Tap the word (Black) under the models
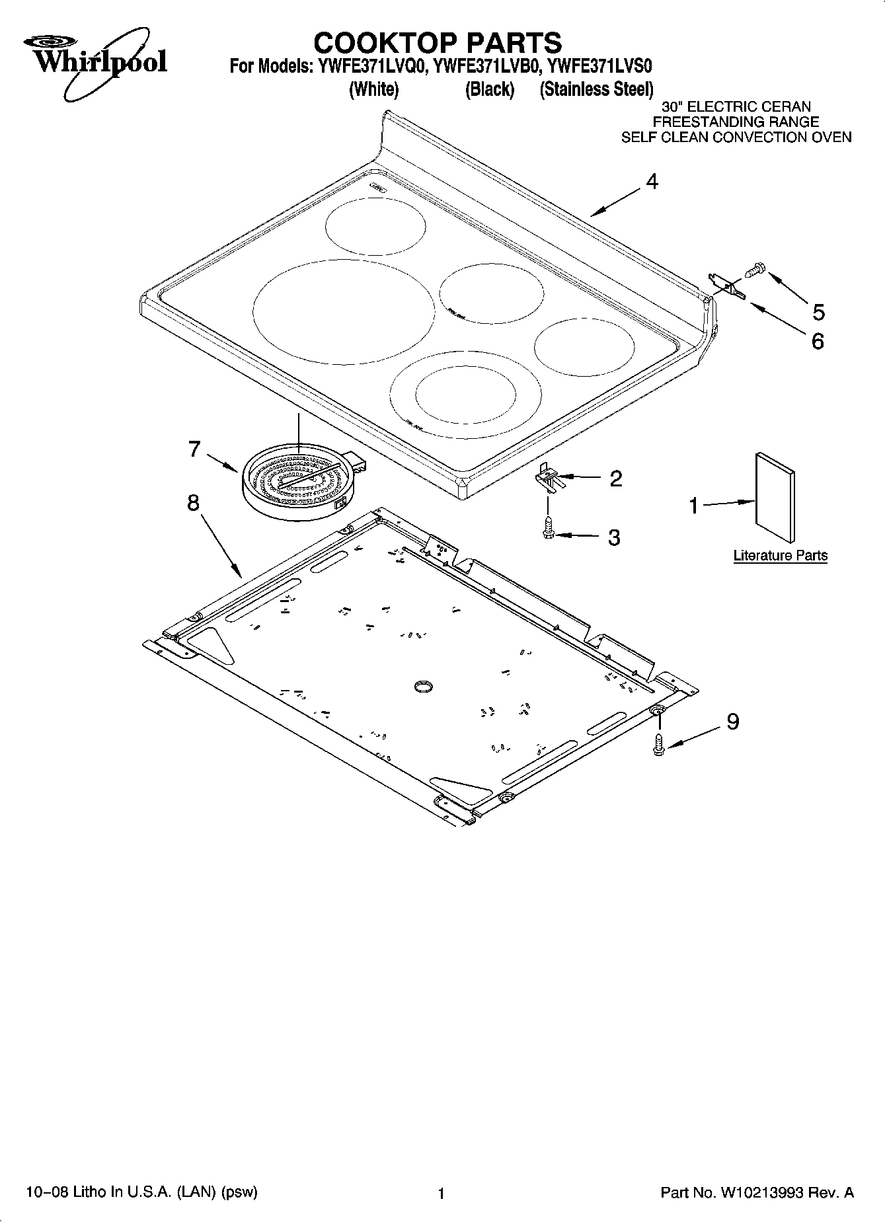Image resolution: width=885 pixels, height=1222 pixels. click(x=490, y=89)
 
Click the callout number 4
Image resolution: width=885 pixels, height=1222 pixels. click(x=652, y=181)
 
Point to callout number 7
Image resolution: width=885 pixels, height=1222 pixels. click(x=194, y=449)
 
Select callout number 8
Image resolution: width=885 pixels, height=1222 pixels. click(x=192, y=503)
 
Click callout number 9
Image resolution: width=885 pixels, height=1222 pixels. click(x=732, y=721)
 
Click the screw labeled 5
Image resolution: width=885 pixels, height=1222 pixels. click(x=755, y=269)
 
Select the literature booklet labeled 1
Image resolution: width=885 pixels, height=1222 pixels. click(x=775, y=496)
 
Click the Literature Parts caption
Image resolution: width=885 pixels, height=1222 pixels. click(x=780, y=555)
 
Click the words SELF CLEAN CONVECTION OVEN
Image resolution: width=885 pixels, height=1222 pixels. click(x=736, y=137)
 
